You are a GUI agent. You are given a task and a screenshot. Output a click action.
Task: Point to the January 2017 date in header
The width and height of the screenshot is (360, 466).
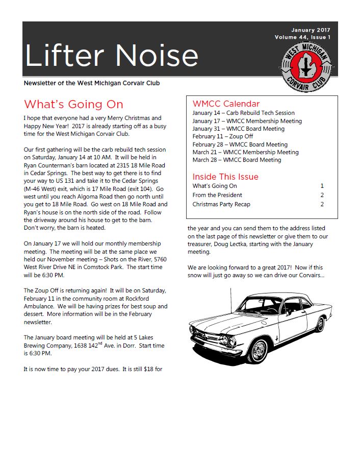(311, 30)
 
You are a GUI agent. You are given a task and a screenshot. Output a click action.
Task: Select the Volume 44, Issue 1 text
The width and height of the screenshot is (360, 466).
(302, 37)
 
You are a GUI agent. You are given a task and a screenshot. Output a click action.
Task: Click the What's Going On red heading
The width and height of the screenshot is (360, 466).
(73, 105)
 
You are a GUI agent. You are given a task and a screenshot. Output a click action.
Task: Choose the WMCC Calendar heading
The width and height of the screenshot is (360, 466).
(226, 104)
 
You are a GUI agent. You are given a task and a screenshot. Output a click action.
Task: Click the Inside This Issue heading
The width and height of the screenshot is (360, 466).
(225, 177)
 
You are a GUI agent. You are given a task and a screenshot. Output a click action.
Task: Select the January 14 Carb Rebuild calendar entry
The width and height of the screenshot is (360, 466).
(243, 113)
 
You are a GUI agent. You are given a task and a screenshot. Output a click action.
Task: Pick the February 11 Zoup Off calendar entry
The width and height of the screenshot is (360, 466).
(222, 136)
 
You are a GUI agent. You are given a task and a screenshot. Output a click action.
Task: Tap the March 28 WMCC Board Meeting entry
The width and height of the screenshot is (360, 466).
(237, 160)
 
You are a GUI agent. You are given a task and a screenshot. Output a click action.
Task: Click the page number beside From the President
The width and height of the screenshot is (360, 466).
(322, 195)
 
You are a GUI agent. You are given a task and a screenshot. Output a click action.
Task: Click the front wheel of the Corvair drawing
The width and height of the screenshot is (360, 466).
(259, 350)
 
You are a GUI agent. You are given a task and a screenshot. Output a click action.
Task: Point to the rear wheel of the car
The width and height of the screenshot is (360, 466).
(320, 323)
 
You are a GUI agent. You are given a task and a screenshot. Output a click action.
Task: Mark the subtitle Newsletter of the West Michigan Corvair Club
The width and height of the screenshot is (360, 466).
(95, 83)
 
